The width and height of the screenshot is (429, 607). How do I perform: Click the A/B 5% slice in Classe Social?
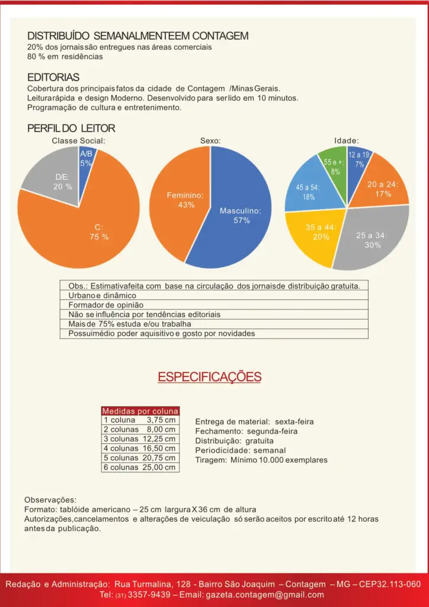tap(86, 161)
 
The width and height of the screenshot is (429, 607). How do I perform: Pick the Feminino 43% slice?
tap(178, 202)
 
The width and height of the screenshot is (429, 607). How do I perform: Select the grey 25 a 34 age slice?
tap(373, 237)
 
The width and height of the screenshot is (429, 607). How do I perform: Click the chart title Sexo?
tap(210, 141)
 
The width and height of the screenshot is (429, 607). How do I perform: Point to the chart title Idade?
tap(347, 141)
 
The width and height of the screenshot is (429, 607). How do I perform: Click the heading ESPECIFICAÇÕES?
tap(209, 377)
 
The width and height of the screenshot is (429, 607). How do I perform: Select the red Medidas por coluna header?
tap(140, 411)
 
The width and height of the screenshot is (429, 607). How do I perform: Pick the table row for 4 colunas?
tap(140, 449)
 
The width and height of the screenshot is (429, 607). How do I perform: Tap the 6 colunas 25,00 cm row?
tap(140, 468)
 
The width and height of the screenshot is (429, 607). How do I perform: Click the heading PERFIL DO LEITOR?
tap(71, 128)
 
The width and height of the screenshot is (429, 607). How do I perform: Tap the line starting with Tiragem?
tap(261, 460)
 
